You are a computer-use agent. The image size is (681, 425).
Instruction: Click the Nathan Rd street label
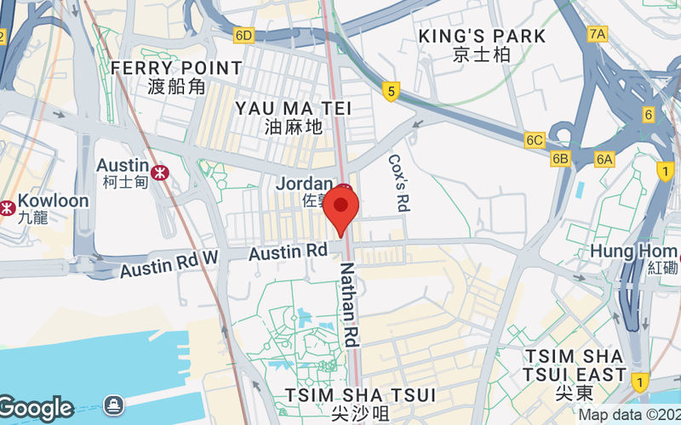(350, 303)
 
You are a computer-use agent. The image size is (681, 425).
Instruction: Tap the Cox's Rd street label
(398, 182)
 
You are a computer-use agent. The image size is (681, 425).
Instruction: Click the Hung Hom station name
(633, 252)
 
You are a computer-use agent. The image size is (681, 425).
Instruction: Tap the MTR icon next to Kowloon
(7, 207)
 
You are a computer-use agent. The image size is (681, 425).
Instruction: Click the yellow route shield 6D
(244, 35)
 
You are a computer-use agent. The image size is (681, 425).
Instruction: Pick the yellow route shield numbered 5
(391, 91)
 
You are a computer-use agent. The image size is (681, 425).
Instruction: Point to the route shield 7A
(598, 34)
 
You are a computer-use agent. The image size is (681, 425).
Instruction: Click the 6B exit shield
(560, 159)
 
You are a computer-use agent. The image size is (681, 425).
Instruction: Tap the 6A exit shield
(604, 159)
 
